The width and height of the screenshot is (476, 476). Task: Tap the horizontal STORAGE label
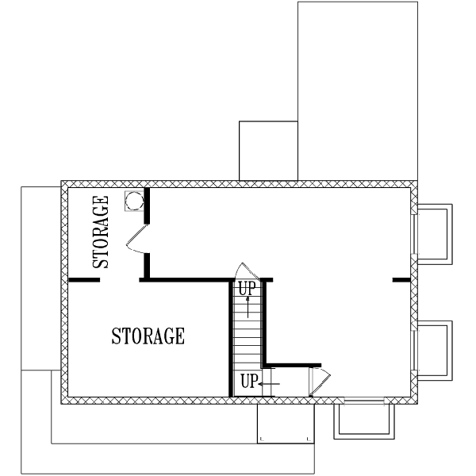click(x=148, y=336)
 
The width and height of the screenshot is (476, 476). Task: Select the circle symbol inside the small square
click(x=133, y=201)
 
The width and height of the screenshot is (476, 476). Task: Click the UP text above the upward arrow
click(x=248, y=288)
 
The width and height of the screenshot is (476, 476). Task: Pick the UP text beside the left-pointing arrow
click(x=248, y=382)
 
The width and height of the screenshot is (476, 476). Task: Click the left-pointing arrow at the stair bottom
click(x=269, y=383)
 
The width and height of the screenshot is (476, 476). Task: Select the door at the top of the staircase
click(x=244, y=270)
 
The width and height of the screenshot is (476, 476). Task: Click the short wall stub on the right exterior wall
click(x=401, y=280)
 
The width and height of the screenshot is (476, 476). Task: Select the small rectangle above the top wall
click(x=267, y=150)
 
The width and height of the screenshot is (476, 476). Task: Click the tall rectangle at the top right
click(x=357, y=90)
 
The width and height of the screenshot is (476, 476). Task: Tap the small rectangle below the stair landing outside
click(x=284, y=424)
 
